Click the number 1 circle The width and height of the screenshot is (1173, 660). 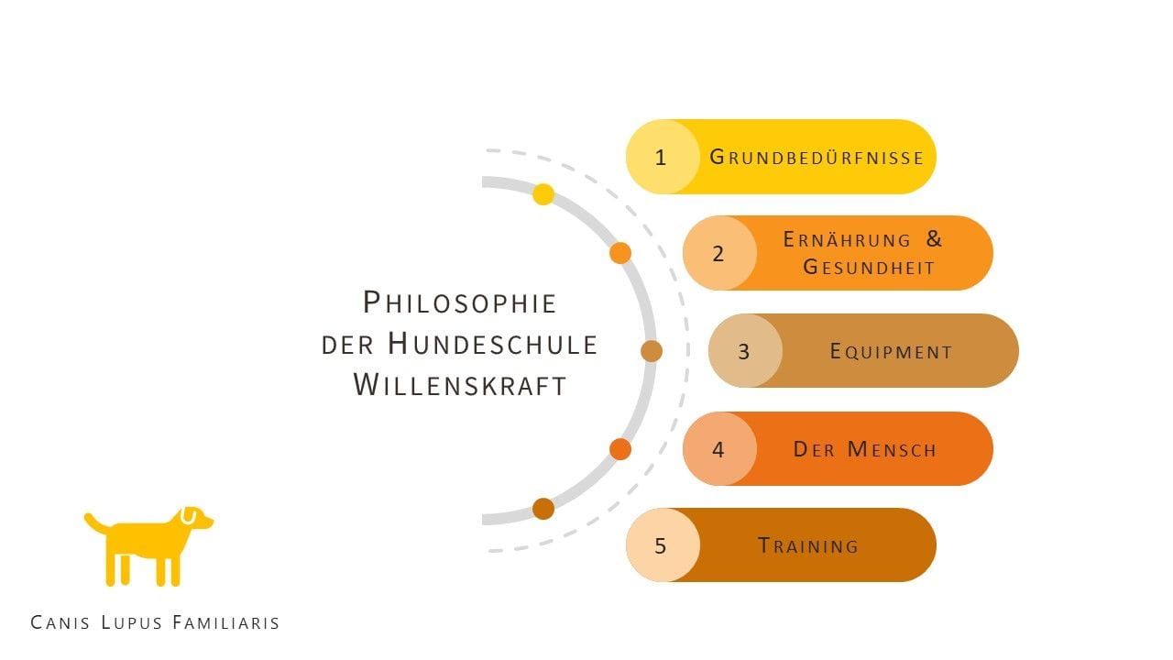[663, 157]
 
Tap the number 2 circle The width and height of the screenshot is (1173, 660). [719, 253]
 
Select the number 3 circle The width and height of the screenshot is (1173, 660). [745, 351]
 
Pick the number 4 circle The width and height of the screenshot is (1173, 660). [719, 449]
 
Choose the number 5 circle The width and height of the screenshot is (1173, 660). [663, 545]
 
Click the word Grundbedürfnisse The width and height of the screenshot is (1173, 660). [817, 157]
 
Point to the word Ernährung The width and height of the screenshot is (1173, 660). [847, 239]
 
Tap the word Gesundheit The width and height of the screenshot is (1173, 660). [869, 267]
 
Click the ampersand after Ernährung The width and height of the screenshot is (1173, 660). [934, 239]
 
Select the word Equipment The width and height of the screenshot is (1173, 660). [892, 351]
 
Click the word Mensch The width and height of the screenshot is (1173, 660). [892, 449]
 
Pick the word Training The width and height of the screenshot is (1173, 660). [808, 545]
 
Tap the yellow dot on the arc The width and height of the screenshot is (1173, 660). [543, 194]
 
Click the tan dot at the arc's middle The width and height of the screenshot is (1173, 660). [652, 351]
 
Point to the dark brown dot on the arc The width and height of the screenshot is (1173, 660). [543, 509]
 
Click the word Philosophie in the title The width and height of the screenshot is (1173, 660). [460, 302]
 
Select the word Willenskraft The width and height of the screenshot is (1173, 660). [460, 385]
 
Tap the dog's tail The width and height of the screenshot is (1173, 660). [96, 522]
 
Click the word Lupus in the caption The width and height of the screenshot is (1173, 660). [131, 622]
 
